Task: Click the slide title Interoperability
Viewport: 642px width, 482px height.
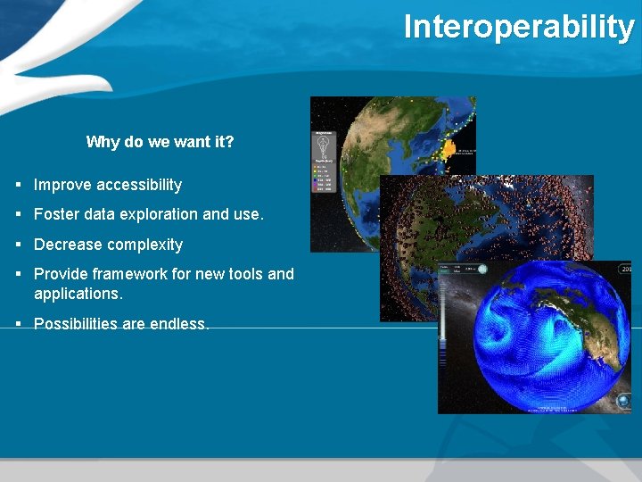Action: [x=518, y=27]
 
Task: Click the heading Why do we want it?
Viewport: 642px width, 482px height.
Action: [x=160, y=142]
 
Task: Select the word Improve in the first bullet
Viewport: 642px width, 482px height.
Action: [x=61, y=185]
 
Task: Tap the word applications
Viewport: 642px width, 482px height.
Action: [x=78, y=294]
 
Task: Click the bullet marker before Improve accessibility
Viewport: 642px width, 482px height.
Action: [x=19, y=185]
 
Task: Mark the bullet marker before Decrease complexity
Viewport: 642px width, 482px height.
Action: [x=19, y=245]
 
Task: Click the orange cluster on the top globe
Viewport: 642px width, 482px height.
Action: [x=449, y=149]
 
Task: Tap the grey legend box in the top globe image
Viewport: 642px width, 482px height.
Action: [x=323, y=161]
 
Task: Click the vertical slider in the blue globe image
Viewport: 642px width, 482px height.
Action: [x=442, y=330]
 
